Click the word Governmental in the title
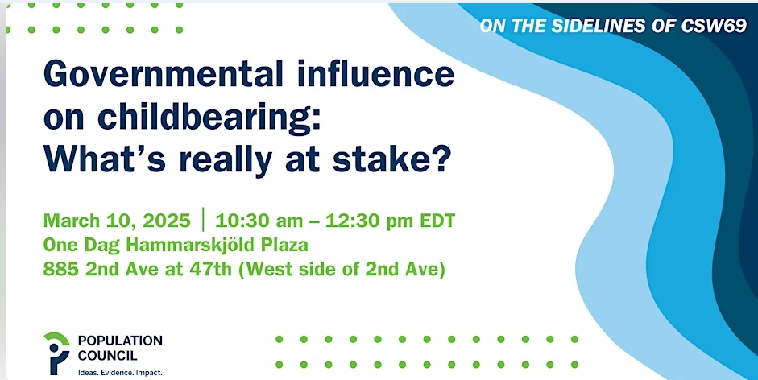(x=163, y=73)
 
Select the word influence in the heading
(x=375, y=73)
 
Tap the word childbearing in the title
(x=209, y=118)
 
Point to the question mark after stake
(x=441, y=159)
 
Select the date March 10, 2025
(x=117, y=221)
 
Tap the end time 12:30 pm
(x=369, y=221)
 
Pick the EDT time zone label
(x=437, y=221)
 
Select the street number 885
(x=61, y=269)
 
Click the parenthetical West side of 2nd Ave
(x=342, y=270)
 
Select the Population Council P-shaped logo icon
(x=56, y=353)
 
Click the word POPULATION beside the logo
(x=120, y=341)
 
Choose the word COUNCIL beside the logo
(x=107, y=356)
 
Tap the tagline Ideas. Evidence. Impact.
(x=120, y=373)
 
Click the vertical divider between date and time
(x=203, y=220)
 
